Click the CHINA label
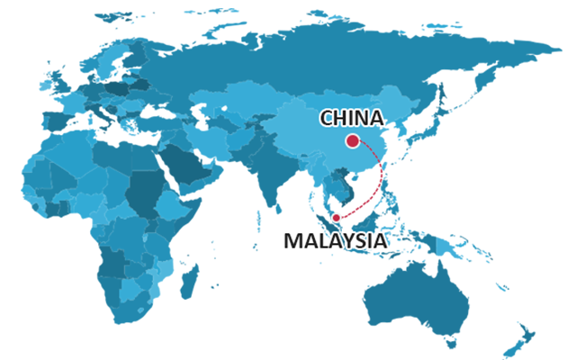coord(352,118)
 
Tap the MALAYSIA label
coord(334,241)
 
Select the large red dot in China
coord(352,140)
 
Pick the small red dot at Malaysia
coord(336,217)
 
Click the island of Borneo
coord(368,221)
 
